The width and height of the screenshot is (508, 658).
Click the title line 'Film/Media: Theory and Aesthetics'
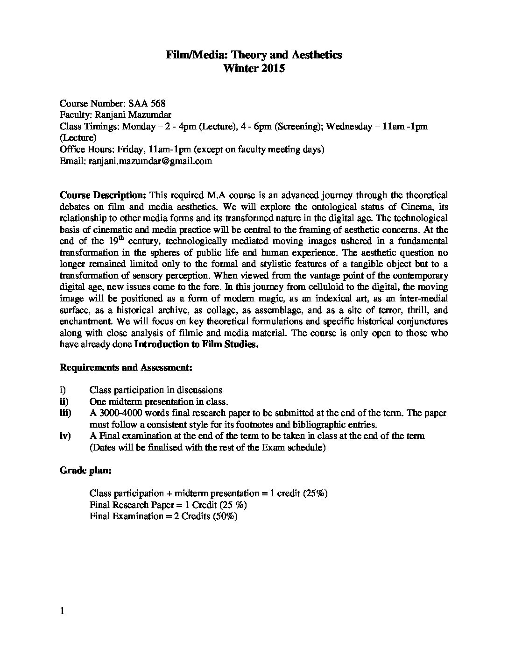254,55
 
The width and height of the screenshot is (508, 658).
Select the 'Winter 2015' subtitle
254,68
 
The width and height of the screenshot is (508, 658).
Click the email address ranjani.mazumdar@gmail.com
149,161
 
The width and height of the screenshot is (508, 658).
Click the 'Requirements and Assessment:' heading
126,367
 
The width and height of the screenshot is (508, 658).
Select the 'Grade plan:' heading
85,470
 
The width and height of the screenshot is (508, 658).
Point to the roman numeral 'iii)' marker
65,413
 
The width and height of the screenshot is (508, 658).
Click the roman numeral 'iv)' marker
65,436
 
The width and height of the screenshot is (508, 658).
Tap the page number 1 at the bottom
62,612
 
